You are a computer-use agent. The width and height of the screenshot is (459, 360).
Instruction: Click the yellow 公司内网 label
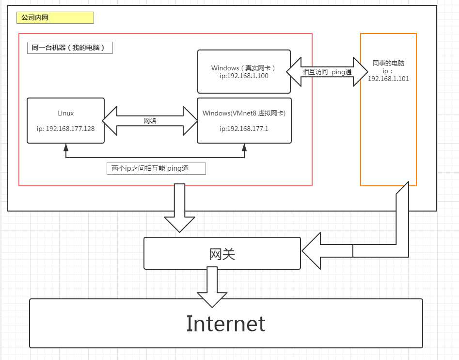pyautogui.click(x=55, y=18)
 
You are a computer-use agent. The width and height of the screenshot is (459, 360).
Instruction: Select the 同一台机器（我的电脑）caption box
pyautogui.click(x=70, y=48)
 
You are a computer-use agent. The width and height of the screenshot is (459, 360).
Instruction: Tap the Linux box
pyautogui.click(x=65, y=120)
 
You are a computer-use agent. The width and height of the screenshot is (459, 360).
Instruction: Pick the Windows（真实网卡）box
pyautogui.click(x=244, y=71)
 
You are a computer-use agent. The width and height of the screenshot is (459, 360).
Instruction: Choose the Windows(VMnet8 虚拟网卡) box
pyautogui.click(x=244, y=120)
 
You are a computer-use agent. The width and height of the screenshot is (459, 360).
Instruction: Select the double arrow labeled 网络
pyautogui.click(x=150, y=120)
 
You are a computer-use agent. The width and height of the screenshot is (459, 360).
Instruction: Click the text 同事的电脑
pyautogui.click(x=388, y=63)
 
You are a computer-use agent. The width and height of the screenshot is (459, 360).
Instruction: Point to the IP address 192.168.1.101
pyautogui.click(x=388, y=78)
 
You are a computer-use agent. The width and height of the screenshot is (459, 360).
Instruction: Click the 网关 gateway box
pyautogui.click(x=222, y=253)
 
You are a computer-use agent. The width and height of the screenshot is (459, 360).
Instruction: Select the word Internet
pyautogui.click(x=226, y=324)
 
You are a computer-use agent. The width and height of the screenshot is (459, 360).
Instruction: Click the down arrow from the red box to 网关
pyautogui.click(x=179, y=209)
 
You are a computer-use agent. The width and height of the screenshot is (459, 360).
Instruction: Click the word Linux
pyautogui.click(x=65, y=113)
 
